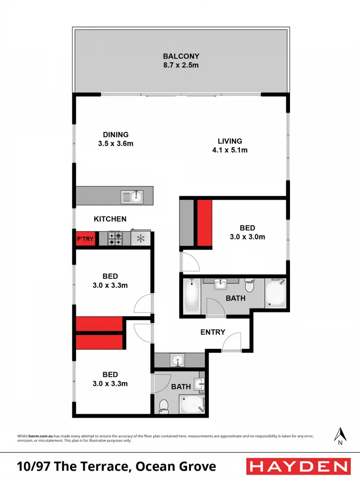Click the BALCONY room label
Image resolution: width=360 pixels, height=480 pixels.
click(x=180, y=56)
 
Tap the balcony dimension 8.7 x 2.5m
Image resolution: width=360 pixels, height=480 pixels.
click(x=180, y=65)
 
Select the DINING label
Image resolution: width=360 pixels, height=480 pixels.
click(x=116, y=134)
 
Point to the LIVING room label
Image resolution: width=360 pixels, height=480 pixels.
click(x=230, y=141)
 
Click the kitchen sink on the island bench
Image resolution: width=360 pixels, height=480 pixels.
click(x=132, y=196)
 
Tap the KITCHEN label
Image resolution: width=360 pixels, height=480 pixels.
click(x=110, y=219)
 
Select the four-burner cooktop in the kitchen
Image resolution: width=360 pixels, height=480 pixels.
click(x=115, y=238)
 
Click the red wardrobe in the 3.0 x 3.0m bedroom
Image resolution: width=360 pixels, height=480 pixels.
click(x=204, y=223)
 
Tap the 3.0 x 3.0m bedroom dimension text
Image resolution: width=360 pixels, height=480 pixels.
click(x=248, y=237)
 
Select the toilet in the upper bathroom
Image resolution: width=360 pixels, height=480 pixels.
click(x=249, y=287)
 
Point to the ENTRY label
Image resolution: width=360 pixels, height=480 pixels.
click(x=213, y=332)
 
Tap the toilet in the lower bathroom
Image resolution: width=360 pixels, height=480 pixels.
click(x=163, y=406)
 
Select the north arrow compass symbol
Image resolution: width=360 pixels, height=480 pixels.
click(x=340, y=434)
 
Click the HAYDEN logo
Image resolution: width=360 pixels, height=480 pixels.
click(x=297, y=466)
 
